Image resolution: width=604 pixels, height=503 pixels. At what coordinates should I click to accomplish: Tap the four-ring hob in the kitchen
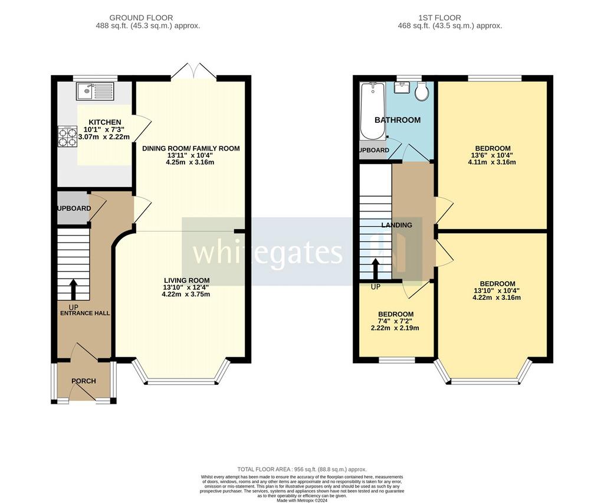(x=67, y=137)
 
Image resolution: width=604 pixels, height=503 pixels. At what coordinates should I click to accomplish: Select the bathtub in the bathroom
(x=372, y=110)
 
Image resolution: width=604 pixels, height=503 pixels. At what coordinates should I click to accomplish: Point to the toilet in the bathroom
(x=422, y=91)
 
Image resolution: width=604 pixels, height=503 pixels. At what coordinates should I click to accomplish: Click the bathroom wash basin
(x=402, y=87)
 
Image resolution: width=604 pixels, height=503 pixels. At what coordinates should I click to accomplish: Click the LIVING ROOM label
(x=187, y=280)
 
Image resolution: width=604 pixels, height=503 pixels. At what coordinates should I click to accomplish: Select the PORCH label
(x=84, y=381)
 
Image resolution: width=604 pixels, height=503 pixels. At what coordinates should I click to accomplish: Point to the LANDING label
(x=396, y=225)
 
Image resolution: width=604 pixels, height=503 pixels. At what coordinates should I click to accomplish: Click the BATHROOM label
(x=398, y=120)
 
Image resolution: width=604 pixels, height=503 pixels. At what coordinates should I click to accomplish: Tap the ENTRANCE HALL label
(x=85, y=313)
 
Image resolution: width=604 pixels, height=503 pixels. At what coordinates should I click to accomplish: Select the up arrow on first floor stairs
(x=375, y=269)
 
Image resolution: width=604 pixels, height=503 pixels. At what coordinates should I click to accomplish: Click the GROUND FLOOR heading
(x=141, y=18)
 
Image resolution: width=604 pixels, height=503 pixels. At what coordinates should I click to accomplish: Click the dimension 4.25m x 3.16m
(x=190, y=162)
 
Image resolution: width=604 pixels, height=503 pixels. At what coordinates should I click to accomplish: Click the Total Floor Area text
(x=302, y=469)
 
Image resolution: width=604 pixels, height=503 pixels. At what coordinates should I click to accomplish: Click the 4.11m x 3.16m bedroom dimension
(x=492, y=162)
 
